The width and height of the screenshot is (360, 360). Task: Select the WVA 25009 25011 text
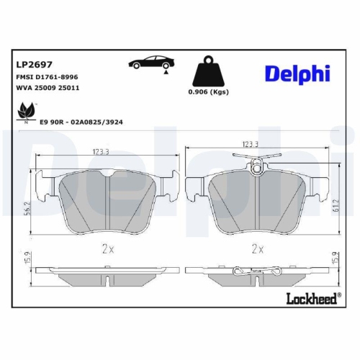(47, 87)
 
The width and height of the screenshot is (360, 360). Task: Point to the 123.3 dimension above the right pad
(250, 145)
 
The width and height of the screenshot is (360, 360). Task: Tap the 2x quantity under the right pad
(256, 248)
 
